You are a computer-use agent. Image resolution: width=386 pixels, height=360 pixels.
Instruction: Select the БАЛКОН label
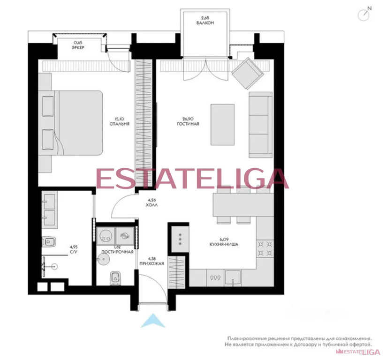click(206, 22)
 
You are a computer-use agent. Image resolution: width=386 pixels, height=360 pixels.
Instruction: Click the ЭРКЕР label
click(78, 47)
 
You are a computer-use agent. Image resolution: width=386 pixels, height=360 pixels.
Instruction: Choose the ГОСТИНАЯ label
click(188, 124)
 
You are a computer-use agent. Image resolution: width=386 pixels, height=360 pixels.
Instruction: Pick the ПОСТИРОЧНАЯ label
click(117, 252)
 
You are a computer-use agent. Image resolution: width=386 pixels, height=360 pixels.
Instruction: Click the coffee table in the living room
click(223, 124)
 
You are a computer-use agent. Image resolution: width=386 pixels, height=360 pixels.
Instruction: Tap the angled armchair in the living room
click(246, 73)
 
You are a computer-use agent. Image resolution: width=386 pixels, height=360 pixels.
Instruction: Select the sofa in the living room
click(260, 124)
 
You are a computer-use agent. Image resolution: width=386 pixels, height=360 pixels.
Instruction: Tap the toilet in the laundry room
click(114, 278)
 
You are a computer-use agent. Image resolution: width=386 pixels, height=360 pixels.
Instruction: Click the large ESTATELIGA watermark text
click(192, 179)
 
